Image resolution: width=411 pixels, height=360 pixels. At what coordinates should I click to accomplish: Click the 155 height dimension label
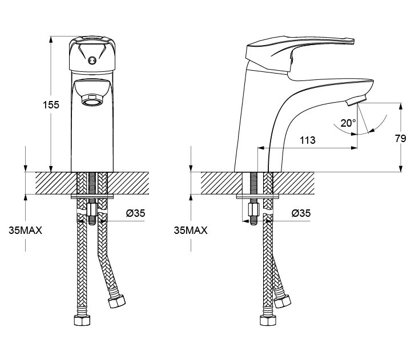[x=51, y=105]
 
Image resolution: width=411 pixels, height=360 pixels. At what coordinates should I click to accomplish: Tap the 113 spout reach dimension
[x=308, y=140]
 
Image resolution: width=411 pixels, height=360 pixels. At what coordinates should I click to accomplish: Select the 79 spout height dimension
[x=401, y=139]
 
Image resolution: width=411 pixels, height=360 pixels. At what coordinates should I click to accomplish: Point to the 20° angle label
[x=348, y=123]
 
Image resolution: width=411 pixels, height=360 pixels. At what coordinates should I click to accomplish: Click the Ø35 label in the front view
[x=135, y=213]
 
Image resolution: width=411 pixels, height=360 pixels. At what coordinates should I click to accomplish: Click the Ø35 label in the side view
[x=301, y=213]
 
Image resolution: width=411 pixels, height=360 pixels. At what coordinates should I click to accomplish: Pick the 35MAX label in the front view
[x=26, y=230]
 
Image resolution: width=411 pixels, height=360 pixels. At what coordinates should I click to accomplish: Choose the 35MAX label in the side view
[x=191, y=230]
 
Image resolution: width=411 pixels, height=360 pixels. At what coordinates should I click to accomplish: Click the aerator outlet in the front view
[x=92, y=100]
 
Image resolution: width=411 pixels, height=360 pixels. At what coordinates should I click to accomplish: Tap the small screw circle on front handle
[x=92, y=60]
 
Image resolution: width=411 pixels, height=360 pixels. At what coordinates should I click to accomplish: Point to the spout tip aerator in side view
[x=356, y=100]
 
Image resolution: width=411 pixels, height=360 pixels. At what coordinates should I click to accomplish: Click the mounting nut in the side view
[x=253, y=209]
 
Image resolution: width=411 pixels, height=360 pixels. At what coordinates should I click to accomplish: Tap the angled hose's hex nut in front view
[x=116, y=301]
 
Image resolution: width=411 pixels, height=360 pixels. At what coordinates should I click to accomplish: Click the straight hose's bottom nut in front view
[x=82, y=320]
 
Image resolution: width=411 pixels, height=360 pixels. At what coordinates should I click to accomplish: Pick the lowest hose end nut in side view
[x=268, y=320]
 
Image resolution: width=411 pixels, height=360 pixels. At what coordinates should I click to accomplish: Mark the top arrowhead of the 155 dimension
[x=51, y=39]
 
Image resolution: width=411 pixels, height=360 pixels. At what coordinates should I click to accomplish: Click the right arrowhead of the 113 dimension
[x=354, y=148]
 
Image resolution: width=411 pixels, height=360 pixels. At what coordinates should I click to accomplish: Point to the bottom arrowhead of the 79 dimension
[x=401, y=169]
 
